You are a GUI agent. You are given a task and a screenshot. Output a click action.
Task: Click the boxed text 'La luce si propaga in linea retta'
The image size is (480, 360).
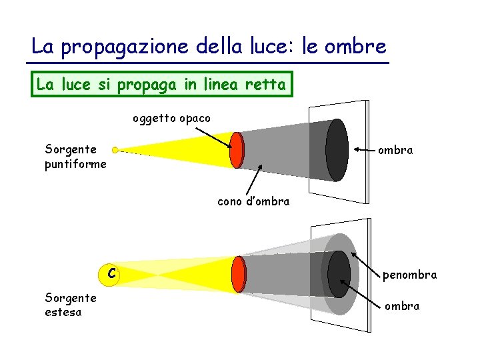161,85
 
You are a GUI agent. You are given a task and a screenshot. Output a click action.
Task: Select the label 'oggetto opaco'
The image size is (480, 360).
171,119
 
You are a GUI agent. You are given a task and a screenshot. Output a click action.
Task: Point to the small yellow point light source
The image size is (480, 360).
115,150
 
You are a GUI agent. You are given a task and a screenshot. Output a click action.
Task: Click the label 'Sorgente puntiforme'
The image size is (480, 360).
75,156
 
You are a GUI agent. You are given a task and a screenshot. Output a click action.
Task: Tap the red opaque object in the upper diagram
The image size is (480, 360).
236,150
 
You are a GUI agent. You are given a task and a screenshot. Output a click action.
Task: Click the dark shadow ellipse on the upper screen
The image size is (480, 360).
337,150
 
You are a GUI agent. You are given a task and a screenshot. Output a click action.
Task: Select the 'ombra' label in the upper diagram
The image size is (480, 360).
395,150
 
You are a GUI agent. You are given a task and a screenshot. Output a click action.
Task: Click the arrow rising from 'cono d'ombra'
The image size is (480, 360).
252,179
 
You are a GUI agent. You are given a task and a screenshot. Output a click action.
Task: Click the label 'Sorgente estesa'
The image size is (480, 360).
70,305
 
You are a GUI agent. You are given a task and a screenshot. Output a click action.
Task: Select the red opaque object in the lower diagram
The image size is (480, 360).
239,273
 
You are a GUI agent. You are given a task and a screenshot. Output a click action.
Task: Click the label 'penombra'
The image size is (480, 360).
409,274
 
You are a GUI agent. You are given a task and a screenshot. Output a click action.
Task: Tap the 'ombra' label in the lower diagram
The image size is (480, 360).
402,306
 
